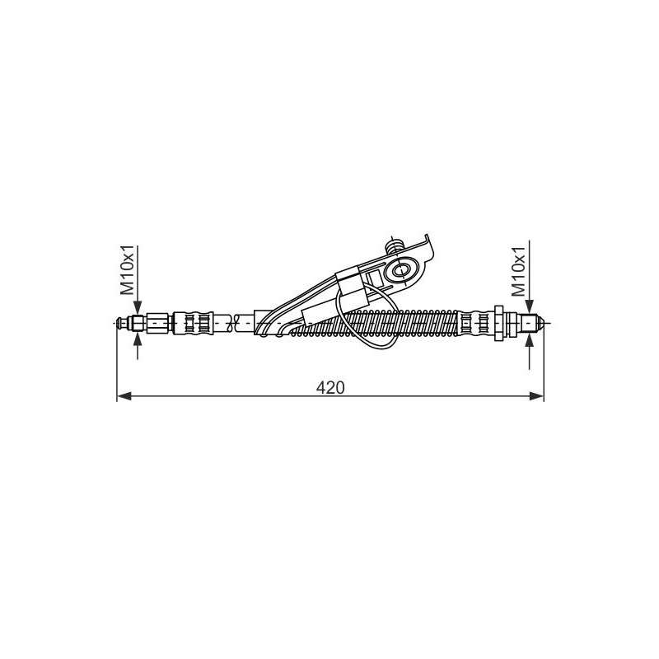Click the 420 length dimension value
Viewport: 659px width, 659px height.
(x=329, y=386)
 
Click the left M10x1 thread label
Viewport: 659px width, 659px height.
(x=129, y=270)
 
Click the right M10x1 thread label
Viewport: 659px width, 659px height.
(x=519, y=270)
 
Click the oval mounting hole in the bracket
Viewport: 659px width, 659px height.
(x=404, y=269)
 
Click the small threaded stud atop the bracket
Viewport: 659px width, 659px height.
(x=395, y=245)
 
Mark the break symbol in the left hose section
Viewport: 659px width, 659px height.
(x=236, y=320)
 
